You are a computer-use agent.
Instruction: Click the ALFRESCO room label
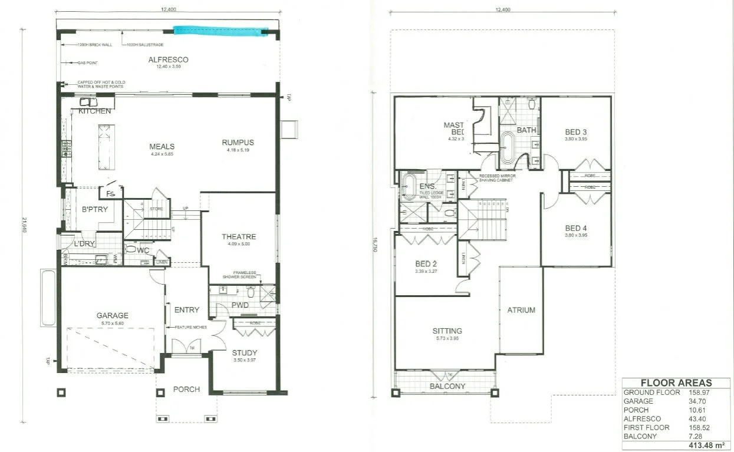[x=168, y=60]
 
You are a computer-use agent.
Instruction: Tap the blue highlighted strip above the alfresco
[x=220, y=31]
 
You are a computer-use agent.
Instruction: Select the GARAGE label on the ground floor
[x=112, y=315]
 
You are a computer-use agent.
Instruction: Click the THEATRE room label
[x=238, y=237]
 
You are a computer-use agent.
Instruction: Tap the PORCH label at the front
[x=186, y=389]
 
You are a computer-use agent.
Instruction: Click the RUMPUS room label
[x=238, y=142]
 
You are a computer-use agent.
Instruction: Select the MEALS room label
[x=162, y=147]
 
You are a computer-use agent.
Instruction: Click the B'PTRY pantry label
[x=93, y=209]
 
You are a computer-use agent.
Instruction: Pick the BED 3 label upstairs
[x=576, y=132]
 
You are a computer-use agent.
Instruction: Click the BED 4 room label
[x=576, y=228]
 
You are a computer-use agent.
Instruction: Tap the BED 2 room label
[x=426, y=264]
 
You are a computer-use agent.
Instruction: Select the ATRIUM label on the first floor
[x=521, y=310]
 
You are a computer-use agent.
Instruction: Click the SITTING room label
[x=447, y=331]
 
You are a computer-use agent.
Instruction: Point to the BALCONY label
[x=447, y=387]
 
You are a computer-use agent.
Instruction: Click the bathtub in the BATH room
[x=508, y=147]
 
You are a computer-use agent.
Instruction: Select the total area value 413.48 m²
[x=706, y=445]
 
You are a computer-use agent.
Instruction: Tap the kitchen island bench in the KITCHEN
[x=105, y=146]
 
